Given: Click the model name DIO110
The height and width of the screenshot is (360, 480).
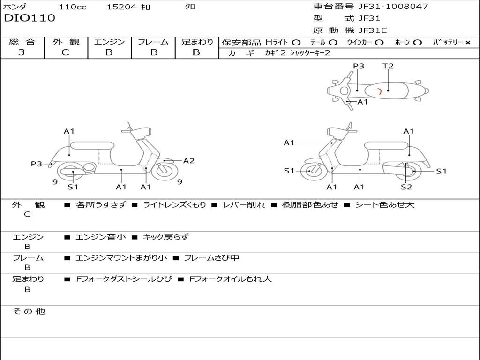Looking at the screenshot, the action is [30, 18].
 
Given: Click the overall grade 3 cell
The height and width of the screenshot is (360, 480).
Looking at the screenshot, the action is [22, 52].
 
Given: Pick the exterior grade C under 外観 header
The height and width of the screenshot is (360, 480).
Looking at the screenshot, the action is [65, 52].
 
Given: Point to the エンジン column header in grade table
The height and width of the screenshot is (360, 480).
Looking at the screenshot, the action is [109, 42].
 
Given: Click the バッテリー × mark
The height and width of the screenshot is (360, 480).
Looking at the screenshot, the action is [468, 42].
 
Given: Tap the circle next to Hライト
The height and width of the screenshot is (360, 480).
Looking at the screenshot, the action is [296, 42].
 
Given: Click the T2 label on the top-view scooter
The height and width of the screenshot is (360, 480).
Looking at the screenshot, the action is [388, 66].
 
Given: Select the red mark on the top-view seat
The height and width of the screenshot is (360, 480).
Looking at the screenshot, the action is [379, 91].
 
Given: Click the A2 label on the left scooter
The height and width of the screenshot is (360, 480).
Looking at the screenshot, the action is [188, 161].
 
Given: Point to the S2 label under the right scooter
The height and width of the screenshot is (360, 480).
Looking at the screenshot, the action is [406, 187].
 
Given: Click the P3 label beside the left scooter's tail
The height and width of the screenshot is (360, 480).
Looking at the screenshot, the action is [36, 164].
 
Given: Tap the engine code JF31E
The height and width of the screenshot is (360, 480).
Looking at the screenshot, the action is [373, 30].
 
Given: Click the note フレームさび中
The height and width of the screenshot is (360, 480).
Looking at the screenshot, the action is [211, 258].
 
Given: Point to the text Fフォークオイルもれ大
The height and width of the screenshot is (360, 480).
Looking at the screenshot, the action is [230, 279].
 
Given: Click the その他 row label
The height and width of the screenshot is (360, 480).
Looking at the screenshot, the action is [29, 311].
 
